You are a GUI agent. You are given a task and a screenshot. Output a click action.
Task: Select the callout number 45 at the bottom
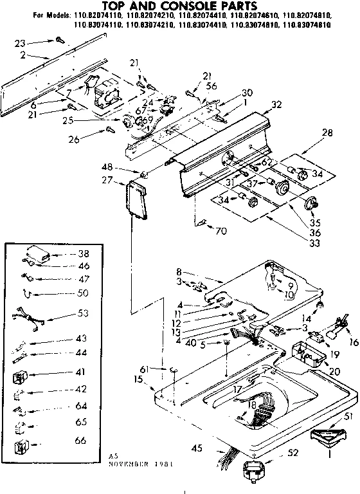(x=196, y=448)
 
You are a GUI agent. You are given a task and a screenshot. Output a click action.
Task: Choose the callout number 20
(x=334, y=371)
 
